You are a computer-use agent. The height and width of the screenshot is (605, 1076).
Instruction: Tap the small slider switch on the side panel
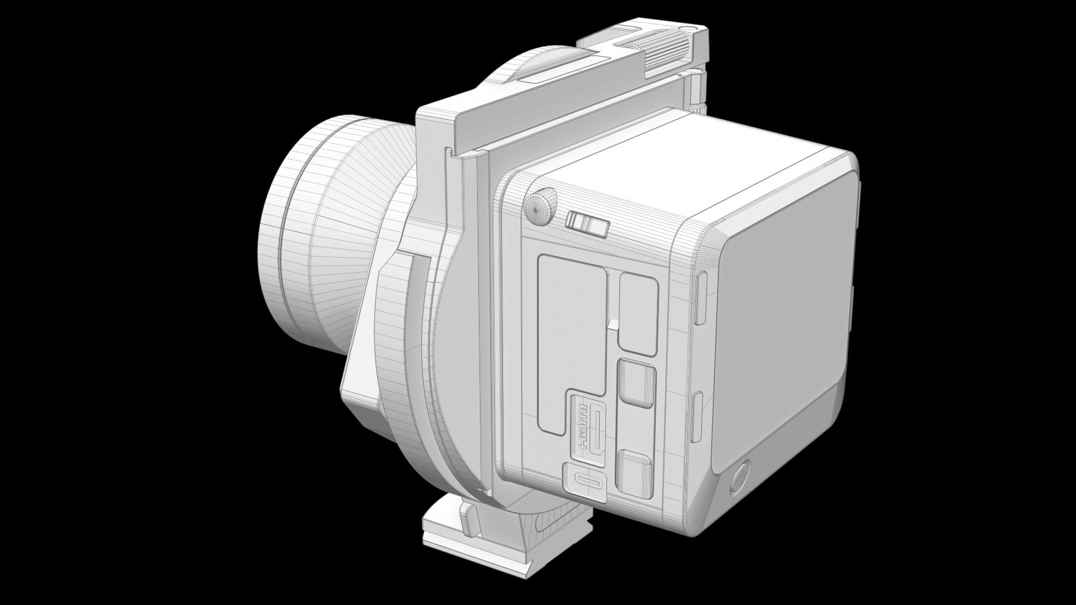[x=586, y=224]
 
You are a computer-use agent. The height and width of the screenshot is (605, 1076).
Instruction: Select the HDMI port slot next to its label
[x=599, y=432]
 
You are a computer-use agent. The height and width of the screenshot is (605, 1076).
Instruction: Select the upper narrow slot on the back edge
[x=701, y=297]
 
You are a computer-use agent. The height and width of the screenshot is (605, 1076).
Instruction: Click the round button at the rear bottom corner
[x=740, y=479]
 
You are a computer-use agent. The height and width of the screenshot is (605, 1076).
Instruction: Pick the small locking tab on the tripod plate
[x=469, y=518]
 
